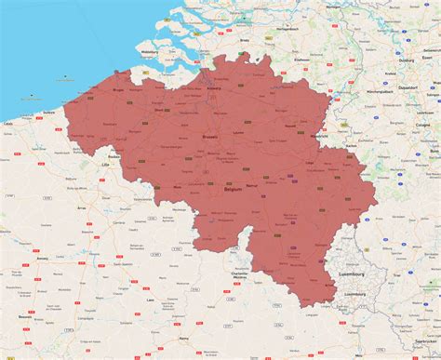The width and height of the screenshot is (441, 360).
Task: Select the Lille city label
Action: pyautogui.click(x=105, y=165)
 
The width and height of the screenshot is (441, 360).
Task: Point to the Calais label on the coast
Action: pyautogui.click(x=8, y=122)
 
